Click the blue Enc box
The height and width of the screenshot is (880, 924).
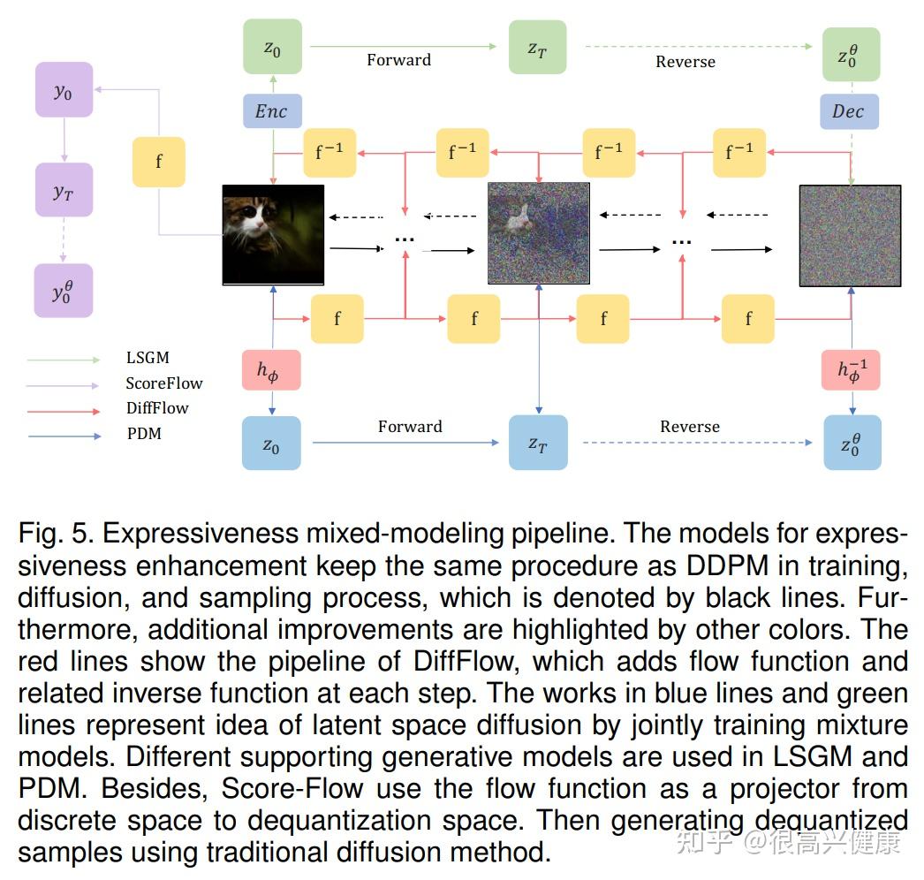pos(272,111)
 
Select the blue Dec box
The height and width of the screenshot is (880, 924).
pos(848,111)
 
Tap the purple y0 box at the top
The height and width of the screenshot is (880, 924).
pos(64,91)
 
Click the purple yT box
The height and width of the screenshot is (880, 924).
pos(64,190)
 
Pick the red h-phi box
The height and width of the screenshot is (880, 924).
pos(272,370)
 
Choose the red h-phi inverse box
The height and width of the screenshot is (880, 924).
pos(851,370)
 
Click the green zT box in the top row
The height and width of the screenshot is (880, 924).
pos(537,48)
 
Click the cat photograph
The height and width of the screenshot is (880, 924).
pos(273,234)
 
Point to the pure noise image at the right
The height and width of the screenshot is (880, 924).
pos(850,235)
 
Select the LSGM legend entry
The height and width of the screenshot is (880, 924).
pos(148,359)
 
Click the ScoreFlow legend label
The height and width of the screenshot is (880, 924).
pos(163,383)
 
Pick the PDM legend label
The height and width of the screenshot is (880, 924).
pos(144,434)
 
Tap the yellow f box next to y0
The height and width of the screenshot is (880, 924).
pos(159,162)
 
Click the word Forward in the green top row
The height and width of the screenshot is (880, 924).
pos(399,60)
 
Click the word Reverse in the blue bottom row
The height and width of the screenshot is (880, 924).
pos(690,427)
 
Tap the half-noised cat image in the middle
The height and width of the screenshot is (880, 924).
pos(539,234)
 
